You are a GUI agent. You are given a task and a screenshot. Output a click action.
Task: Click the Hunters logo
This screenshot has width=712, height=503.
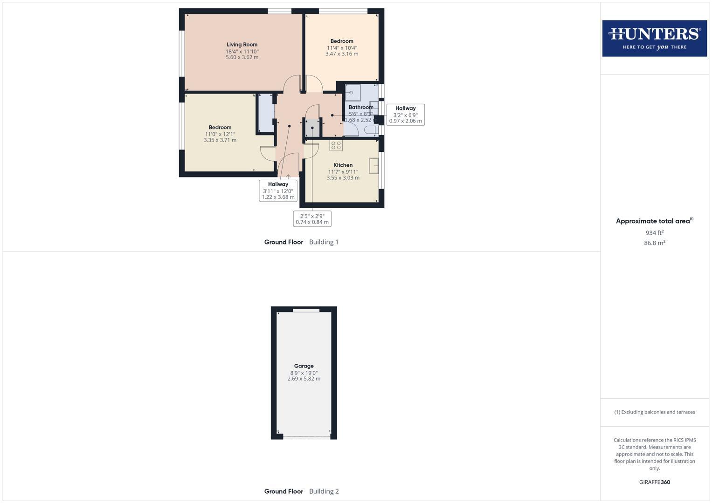click(654, 38)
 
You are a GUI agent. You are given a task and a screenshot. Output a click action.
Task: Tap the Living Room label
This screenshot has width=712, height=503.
click(242, 45)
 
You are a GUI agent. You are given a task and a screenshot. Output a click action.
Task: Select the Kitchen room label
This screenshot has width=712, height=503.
click(343, 165)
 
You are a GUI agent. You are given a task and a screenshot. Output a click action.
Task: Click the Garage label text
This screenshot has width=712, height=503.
click(304, 366)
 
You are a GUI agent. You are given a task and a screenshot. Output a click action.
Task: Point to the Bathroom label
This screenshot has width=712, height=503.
click(361, 107)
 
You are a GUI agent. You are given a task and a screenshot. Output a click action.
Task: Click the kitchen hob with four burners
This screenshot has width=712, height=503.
click(336, 145)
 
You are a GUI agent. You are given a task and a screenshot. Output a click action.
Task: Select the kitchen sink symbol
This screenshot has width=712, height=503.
click(373, 165)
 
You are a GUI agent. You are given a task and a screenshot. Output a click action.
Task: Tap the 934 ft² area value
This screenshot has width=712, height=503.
click(654, 233)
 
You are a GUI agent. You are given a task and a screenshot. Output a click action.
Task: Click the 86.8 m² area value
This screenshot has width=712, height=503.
click(654, 243)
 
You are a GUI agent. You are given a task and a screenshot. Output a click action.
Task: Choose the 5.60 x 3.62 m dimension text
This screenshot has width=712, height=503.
click(242, 57)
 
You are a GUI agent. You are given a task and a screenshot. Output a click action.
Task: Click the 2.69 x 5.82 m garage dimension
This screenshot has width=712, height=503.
click(304, 379)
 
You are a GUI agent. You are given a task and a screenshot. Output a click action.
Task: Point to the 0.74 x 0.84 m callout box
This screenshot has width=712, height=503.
click(312, 219)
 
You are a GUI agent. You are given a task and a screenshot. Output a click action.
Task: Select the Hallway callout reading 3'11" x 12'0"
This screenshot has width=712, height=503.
click(278, 191)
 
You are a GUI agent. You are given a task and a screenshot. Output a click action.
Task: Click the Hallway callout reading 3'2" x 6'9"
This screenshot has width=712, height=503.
click(405, 115)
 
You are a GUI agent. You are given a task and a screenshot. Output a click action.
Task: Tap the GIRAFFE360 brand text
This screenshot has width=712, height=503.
click(654, 482)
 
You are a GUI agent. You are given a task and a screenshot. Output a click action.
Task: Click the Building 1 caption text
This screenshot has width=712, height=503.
click(324, 242)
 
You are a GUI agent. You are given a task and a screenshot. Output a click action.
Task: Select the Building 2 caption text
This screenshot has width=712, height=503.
click(324, 491)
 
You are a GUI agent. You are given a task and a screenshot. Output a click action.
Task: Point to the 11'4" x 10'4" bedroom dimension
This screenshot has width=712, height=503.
click(342, 48)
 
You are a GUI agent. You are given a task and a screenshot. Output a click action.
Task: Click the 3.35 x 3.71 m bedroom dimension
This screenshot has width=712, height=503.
click(220, 140)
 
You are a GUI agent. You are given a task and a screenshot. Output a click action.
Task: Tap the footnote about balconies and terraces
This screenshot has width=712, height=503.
click(654, 412)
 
